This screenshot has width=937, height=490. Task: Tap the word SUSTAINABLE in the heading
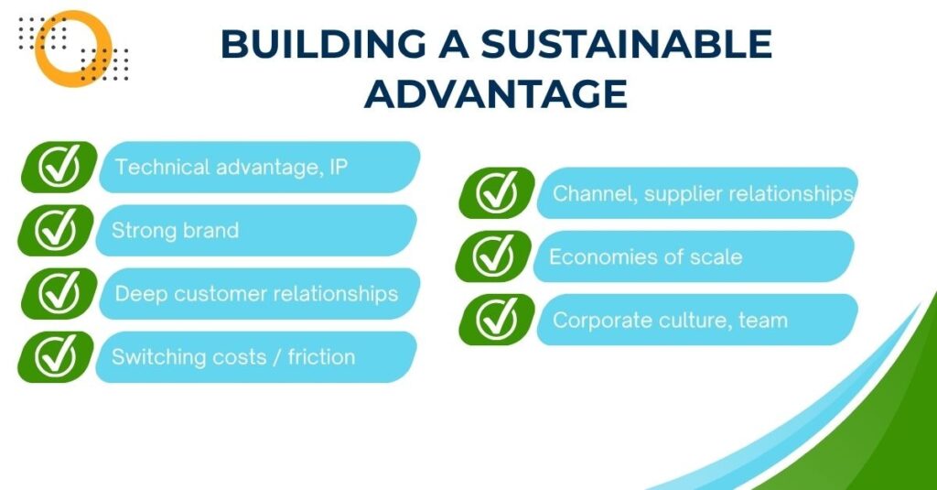coord(626,44)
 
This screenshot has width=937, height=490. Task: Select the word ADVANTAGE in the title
coord(496,93)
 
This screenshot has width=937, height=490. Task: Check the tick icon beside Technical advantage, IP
coord(59,167)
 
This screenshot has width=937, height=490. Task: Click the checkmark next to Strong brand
coord(56,230)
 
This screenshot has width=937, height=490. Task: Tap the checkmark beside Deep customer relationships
coord(59,293)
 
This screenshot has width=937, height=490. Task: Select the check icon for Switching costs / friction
coord(56,356)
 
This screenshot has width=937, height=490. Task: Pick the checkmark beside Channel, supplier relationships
coord(497,192)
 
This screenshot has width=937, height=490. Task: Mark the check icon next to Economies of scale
coord(493,256)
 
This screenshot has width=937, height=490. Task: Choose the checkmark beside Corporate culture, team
coord(497,320)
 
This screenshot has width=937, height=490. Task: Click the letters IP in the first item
coord(339,167)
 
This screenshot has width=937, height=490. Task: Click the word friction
coord(321,356)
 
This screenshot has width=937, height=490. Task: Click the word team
coord(763,320)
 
